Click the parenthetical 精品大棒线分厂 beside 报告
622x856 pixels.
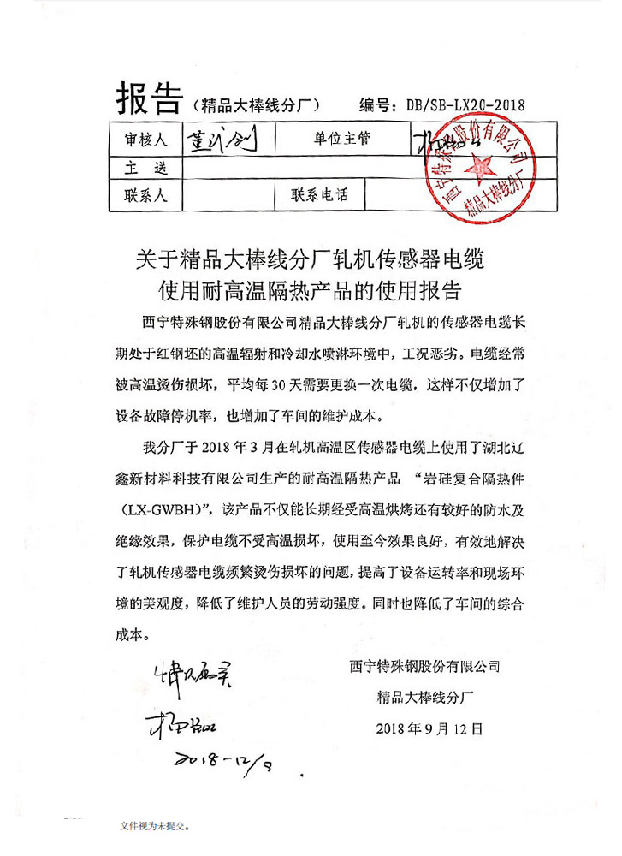pos(256,105)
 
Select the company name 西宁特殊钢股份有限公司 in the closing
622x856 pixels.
pos(424,665)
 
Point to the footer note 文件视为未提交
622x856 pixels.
pos(155,826)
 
